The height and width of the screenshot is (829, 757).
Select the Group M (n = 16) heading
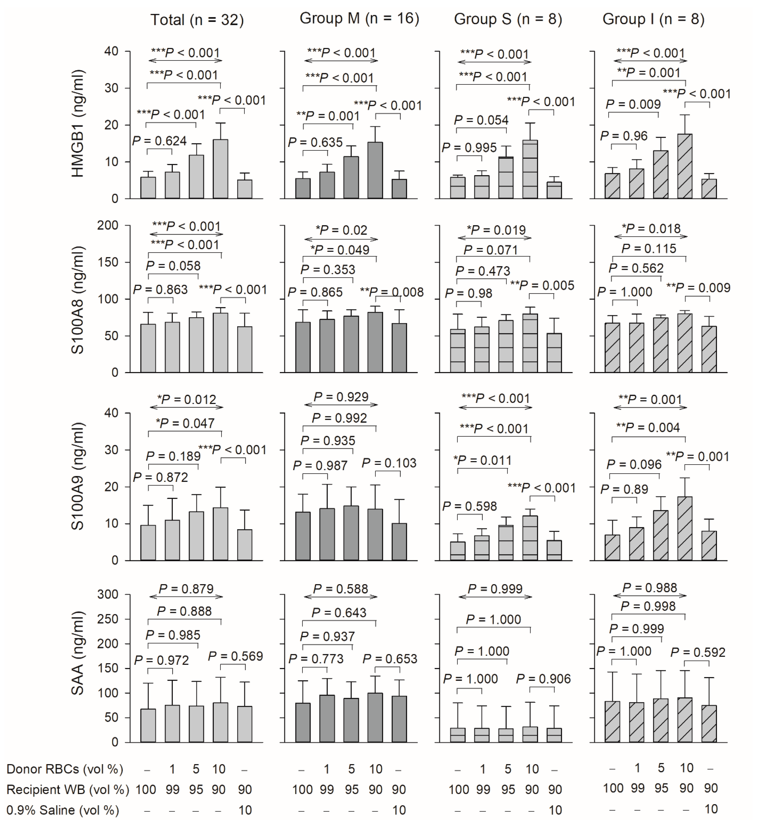tap(359, 19)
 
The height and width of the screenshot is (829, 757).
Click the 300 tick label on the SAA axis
tap(108, 594)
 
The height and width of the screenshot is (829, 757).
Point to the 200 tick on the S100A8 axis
tap(108, 225)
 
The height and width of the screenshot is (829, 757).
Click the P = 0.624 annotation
tap(160, 141)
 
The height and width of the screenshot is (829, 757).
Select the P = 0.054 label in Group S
tap(481, 120)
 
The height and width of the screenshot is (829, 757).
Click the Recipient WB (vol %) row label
tap(68, 790)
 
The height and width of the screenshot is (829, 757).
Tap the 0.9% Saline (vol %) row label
tap(63, 810)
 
